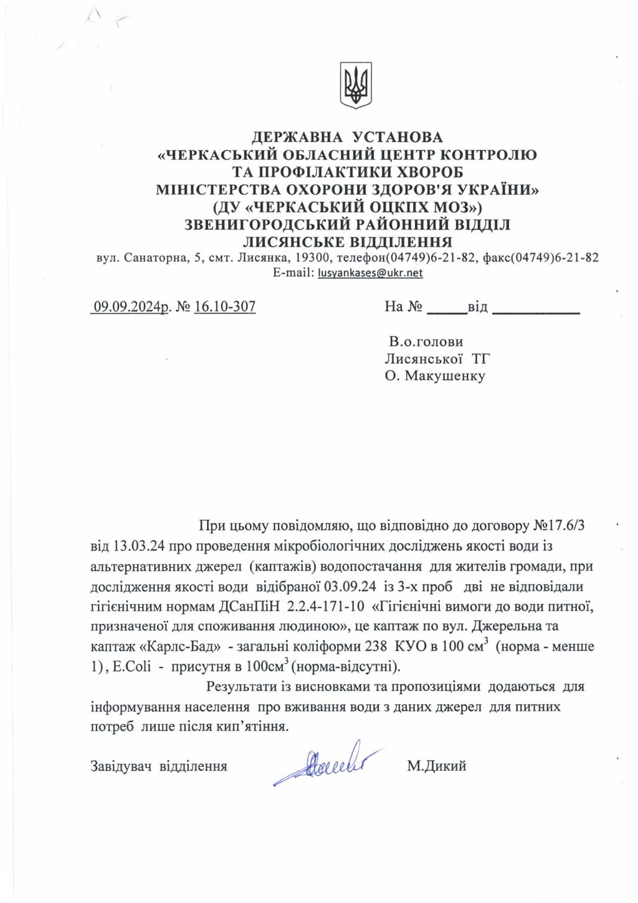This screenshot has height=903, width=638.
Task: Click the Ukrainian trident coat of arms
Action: pyautogui.click(x=356, y=85)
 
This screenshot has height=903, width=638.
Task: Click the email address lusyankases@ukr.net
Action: pyautogui.click(x=370, y=273)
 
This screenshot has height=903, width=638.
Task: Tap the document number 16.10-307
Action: pyautogui.click(x=225, y=306)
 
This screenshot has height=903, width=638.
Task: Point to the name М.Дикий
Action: pyautogui.click(x=436, y=766)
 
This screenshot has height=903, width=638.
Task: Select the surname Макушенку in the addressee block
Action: pyautogui.click(x=445, y=375)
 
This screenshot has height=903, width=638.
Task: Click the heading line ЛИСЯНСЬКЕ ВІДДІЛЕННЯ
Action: pyautogui.click(x=348, y=241)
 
